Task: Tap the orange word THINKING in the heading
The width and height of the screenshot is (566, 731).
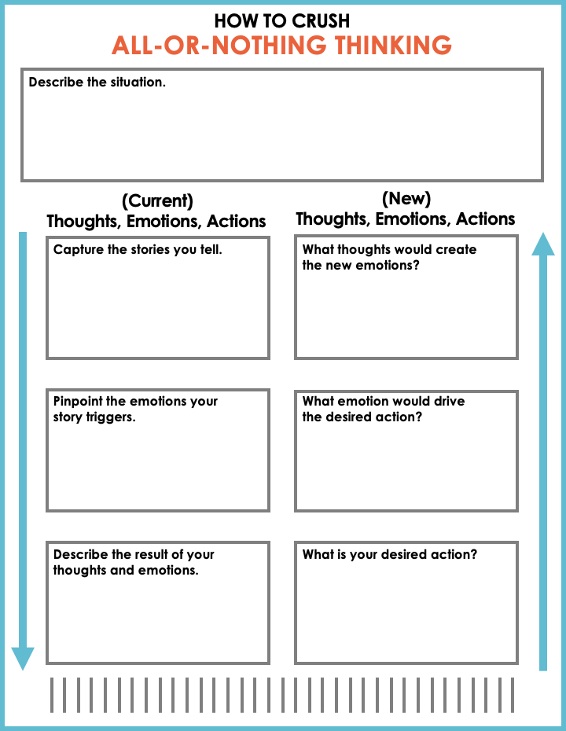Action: [x=394, y=46]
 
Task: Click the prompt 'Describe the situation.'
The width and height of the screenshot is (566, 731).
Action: [x=97, y=82]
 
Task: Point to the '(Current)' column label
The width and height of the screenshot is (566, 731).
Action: [x=157, y=200]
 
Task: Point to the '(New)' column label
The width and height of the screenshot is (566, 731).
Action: [x=406, y=198]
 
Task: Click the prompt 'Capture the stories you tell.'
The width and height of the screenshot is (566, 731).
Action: [x=138, y=251]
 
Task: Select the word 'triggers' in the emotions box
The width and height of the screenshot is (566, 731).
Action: [x=110, y=417]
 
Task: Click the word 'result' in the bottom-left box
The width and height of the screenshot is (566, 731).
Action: [x=133, y=554]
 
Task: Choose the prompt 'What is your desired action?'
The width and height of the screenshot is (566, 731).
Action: [x=390, y=554]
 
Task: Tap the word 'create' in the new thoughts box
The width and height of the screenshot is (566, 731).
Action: [x=457, y=249]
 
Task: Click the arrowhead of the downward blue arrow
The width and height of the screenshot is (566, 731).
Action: [x=23, y=658]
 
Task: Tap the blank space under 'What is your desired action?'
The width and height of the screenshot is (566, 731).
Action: [x=406, y=613]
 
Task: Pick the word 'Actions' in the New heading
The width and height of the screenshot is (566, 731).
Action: [x=486, y=219]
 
